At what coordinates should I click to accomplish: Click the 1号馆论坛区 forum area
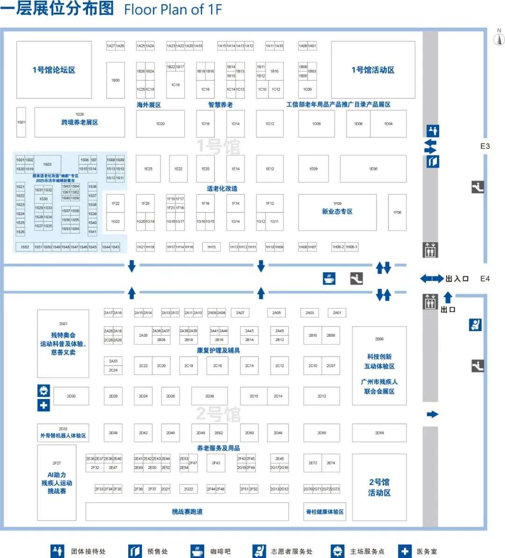pyautogui.click(x=54, y=70)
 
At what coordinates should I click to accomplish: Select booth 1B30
pyautogui.click(x=115, y=80)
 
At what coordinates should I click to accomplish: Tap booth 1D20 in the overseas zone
pyautogui.click(x=160, y=124)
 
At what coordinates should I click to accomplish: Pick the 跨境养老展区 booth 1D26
pyautogui.click(x=79, y=122)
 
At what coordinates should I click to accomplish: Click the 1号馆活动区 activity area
pyautogui.click(x=373, y=70)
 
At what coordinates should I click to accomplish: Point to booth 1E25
pyautogui.click(x=148, y=169)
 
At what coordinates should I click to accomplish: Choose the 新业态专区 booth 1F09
pyautogui.click(x=337, y=212)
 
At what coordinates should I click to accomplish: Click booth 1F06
pyautogui.click(x=397, y=212)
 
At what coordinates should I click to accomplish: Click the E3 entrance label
pyautogui.click(x=485, y=146)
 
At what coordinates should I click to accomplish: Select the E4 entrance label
pyautogui.click(x=485, y=279)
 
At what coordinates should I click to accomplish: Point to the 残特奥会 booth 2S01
pyautogui.click(x=63, y=343)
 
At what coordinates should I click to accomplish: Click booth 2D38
pyautogui.click(x=209, y=396)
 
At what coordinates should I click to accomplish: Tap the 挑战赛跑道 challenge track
pyautogui.click(x=187, y=512)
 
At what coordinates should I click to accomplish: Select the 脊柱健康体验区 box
pyautogui.click(x=325, y=512)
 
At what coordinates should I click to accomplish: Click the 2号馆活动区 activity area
pyautogui.click(x=379, y=487)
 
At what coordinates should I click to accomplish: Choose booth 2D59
pyautogui.click(x=379, y=433)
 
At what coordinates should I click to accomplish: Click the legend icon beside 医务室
pyautogui.click(x=405, y=551)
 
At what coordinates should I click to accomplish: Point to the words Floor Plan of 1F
pyautogui.click(x=173, y=9)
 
